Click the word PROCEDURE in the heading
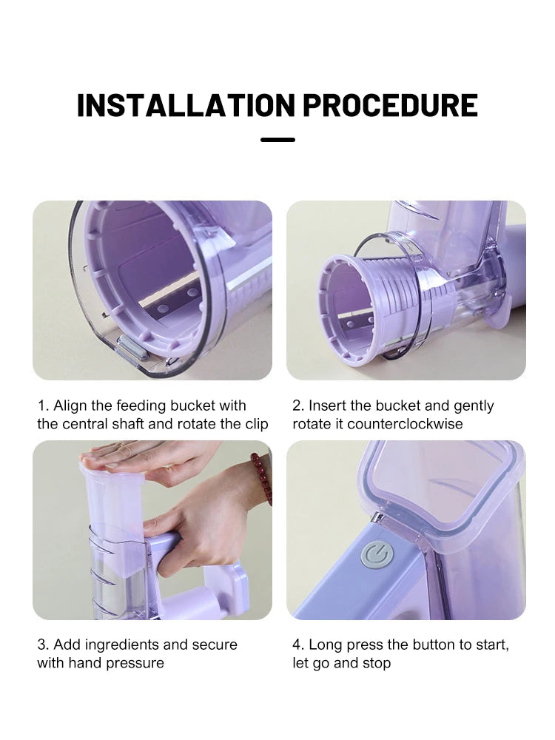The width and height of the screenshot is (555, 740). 390,105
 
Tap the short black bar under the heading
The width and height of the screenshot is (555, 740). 277,139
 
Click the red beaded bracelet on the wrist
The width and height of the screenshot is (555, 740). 260,478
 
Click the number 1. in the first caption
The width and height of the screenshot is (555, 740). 43,406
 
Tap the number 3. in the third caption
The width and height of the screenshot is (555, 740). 43,645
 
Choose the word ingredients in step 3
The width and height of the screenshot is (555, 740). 121,645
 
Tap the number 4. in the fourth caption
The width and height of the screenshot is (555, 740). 298,645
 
